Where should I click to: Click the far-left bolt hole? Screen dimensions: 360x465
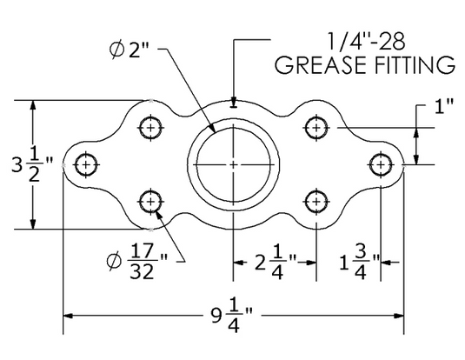pos(85,163)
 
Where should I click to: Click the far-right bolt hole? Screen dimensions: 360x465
pos(381,163)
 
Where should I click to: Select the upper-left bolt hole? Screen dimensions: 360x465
pos(152,128)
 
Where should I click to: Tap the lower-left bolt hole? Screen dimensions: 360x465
pos(152,203)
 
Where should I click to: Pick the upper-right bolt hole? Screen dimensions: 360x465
pos(315,128)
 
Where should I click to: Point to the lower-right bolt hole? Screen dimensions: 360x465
pos(315,203)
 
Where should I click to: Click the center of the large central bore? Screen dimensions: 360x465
pos(234,163)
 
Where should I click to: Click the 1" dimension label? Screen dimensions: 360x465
pos(445,107)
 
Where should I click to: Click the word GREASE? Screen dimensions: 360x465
pos(316,64)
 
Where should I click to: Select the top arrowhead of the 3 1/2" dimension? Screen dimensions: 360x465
pos(33,105)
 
